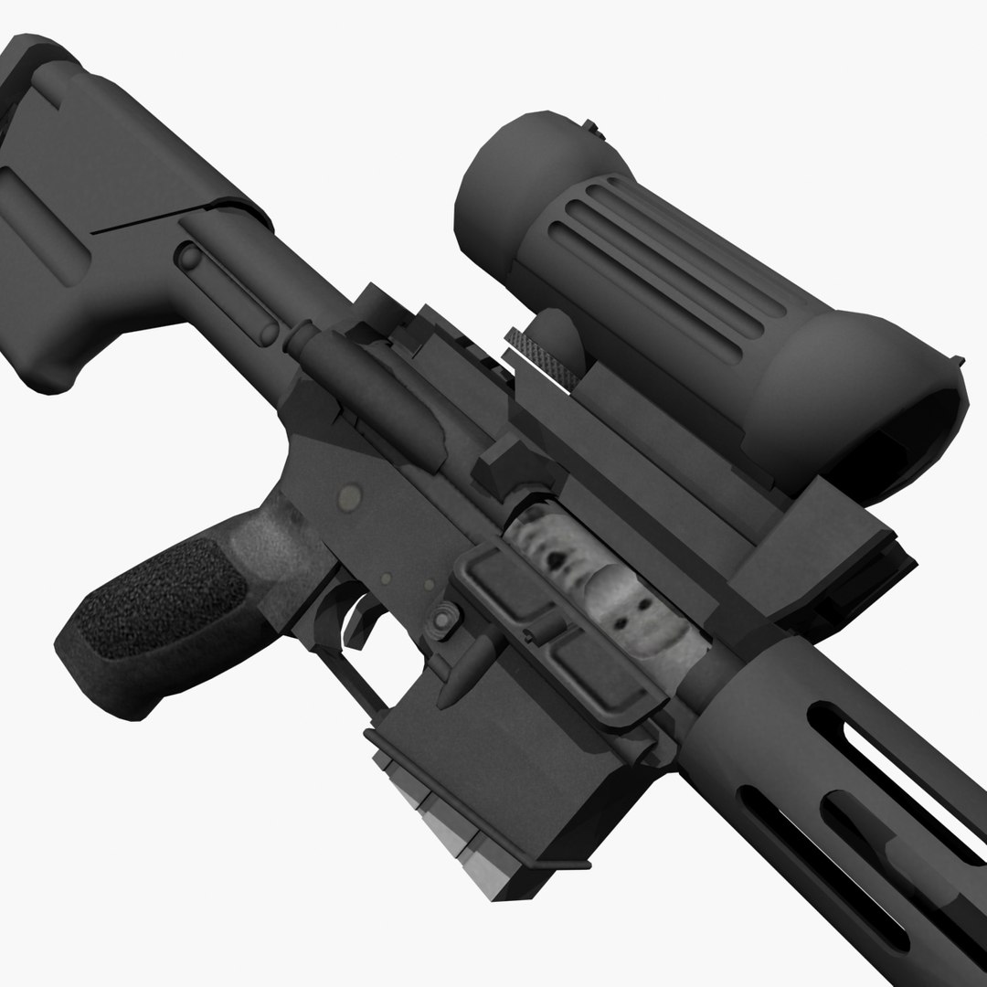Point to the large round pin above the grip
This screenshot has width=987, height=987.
[x=348, y=497]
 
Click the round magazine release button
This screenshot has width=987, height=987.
[x=443, y=620]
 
